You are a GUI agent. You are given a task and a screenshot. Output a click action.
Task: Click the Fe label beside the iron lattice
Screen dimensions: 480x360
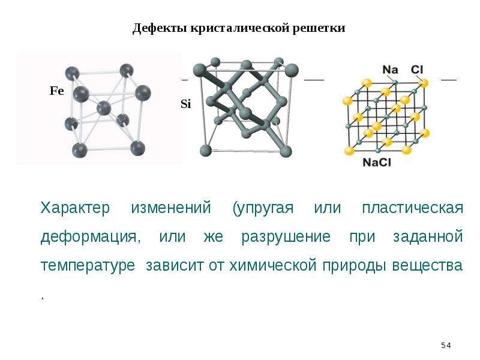[56, 91]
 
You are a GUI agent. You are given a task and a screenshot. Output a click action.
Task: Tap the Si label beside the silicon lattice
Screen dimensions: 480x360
[186, 104]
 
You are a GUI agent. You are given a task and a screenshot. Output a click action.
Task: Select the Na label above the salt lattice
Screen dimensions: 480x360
[390, 70]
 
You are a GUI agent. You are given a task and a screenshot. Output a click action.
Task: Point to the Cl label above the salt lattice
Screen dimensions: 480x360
[417, 70]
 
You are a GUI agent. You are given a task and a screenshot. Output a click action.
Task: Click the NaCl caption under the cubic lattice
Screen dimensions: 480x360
[377, 162]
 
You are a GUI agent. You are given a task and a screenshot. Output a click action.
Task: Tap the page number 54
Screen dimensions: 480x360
[446, 346]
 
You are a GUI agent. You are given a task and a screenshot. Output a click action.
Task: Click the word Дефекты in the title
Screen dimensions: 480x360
[160, 28]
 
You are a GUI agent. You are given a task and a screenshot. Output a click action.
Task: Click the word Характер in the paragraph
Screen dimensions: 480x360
[75, 208]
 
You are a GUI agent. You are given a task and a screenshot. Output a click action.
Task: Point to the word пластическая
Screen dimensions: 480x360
[413, 208]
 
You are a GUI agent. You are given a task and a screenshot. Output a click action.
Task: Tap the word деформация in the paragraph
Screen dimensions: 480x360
[91, 237]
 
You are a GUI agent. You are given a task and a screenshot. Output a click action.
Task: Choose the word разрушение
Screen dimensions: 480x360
[286, 237]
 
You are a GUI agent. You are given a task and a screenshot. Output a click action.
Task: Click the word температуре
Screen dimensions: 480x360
[88, 265]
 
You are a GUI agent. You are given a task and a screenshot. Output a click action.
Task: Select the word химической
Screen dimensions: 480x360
[273, 265]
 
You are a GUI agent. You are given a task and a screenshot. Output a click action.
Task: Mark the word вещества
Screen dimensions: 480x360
[427, 265]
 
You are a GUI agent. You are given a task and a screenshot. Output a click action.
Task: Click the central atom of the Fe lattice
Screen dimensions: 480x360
[103, 109]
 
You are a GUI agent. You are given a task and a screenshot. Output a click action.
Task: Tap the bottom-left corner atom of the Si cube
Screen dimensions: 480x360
[205, 151]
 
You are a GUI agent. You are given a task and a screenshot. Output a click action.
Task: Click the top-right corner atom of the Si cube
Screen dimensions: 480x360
[291, 70]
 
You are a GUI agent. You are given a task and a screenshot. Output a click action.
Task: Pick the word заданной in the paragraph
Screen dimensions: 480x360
[428, 237]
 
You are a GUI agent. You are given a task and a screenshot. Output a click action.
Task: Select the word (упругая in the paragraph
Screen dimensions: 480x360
[263, 208]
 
